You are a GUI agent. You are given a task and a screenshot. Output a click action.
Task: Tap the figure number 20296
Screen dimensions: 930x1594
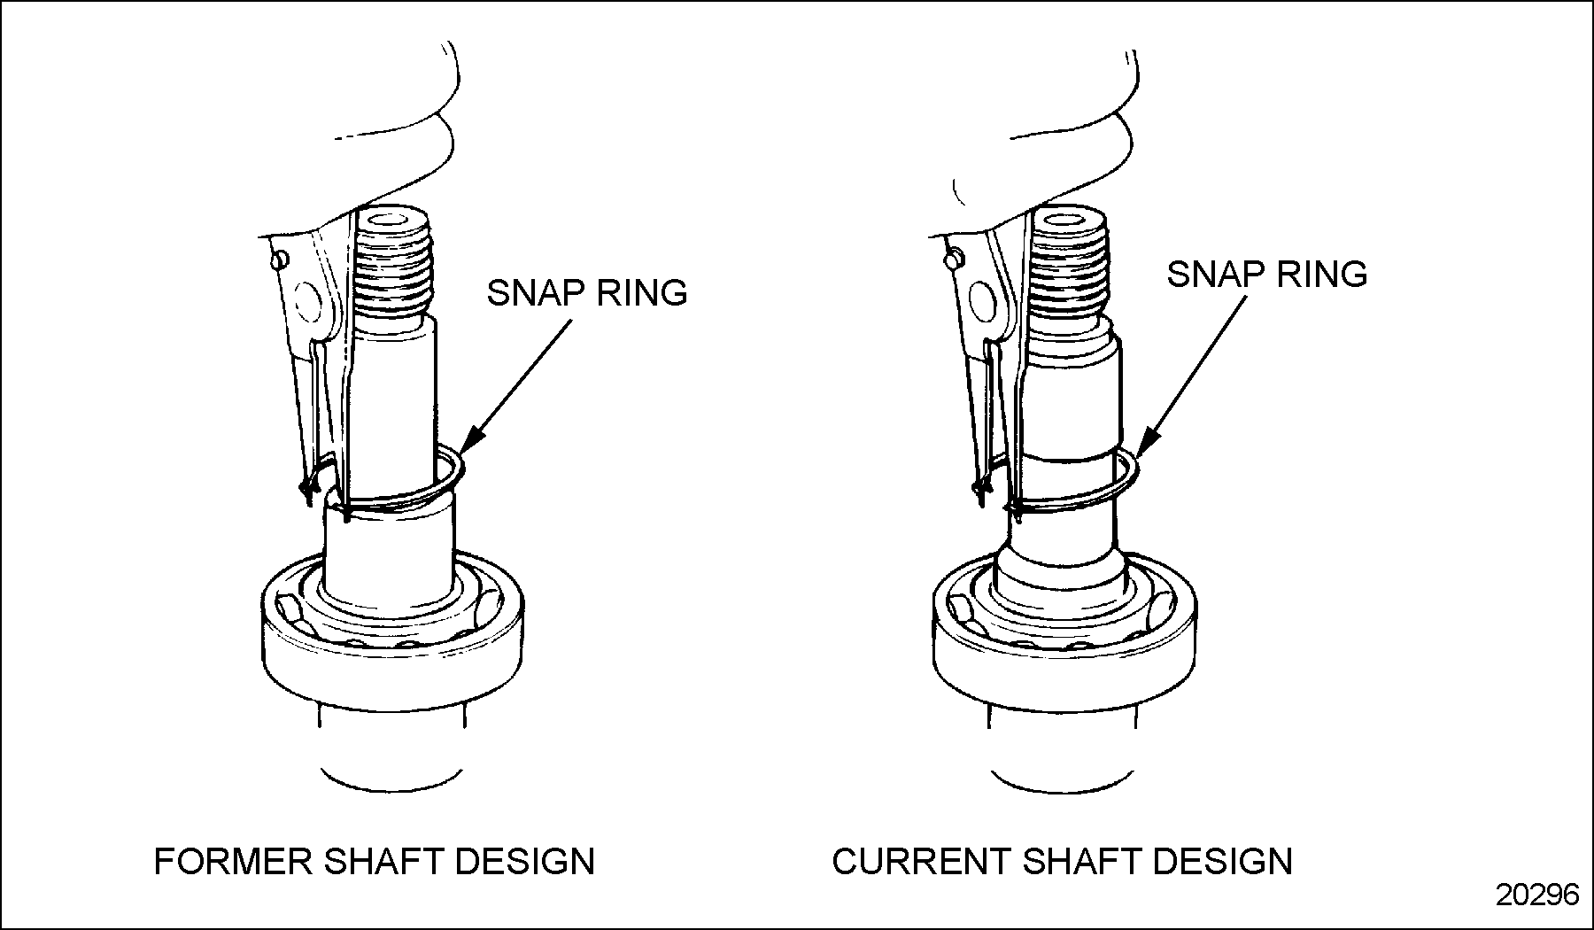coord(1537,895)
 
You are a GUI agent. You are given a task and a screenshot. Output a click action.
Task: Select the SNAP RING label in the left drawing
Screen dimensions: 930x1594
coord(587,293)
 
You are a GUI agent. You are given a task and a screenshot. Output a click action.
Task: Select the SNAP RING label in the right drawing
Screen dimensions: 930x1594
coord(1266,274)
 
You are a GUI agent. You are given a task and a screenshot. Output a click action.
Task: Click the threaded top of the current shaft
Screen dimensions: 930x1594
coord(1071,266)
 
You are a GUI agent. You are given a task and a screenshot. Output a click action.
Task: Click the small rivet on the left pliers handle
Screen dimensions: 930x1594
coord(279,259)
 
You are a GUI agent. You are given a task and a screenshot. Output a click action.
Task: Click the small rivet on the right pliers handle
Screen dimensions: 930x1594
coord(954,260)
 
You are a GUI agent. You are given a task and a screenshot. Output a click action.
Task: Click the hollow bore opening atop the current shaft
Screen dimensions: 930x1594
coord(1069,218)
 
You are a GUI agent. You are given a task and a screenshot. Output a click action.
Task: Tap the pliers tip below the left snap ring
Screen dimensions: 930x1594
coord(307,490)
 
